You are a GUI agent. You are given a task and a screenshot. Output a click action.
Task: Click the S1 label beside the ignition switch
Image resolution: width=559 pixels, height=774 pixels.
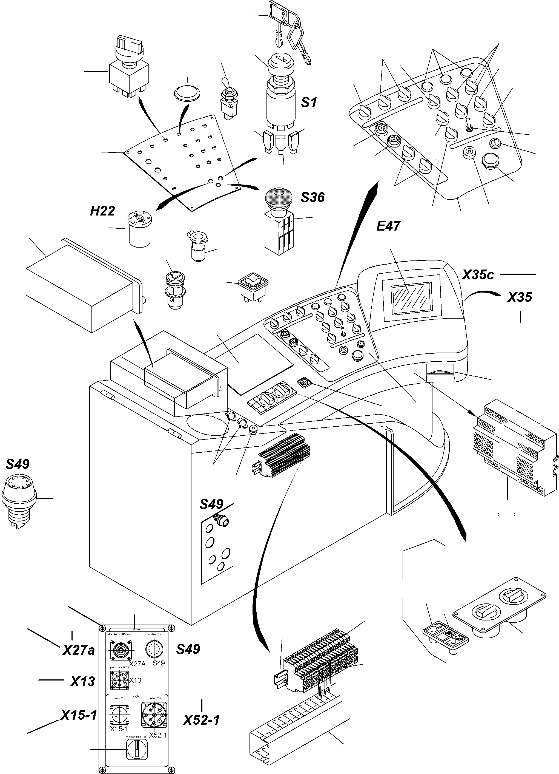click(309, 102)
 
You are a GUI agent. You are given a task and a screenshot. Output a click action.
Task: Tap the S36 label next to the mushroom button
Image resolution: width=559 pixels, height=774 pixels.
click(313, 197)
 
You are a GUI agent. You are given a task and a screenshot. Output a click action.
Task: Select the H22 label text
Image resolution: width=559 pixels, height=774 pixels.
click(102, 211)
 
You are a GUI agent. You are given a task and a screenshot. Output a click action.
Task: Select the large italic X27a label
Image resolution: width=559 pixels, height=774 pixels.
click(78, 650)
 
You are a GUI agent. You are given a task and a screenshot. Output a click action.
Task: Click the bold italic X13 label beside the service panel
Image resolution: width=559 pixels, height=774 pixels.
click(83, 682)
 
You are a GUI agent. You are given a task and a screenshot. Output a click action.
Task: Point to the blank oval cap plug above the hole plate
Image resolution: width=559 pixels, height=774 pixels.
click(187, 92)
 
